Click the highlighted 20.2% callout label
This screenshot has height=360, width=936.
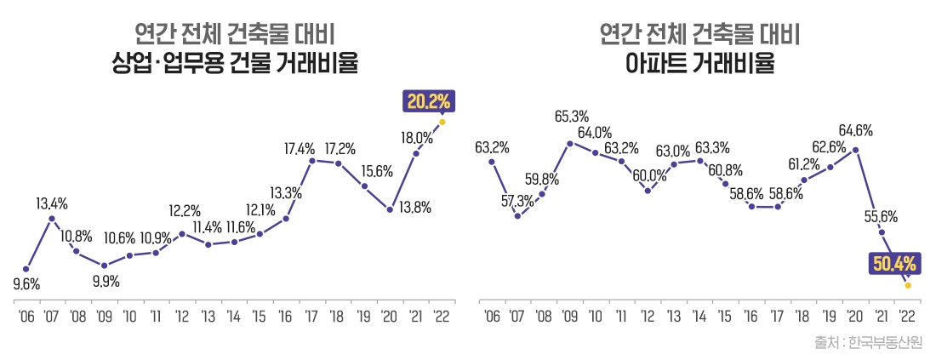click(x=428, y=102)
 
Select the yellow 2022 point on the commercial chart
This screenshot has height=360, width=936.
click(x=442, y=122)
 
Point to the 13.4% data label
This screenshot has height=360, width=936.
click(x=52, y=203)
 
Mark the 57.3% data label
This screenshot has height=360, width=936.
click(x=517, y=201)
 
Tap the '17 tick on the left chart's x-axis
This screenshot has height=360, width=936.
click(x=312, y=317)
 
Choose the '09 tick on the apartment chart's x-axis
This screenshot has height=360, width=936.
click(x=569, y=317)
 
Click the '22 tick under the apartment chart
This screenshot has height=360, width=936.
click(x=907, y=317)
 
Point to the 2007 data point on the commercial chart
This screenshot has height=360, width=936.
click(x=52, y=219)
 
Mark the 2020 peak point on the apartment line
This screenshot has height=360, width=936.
click(x=855, y=150)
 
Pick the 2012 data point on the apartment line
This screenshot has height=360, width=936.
click(x=648, y=191)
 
